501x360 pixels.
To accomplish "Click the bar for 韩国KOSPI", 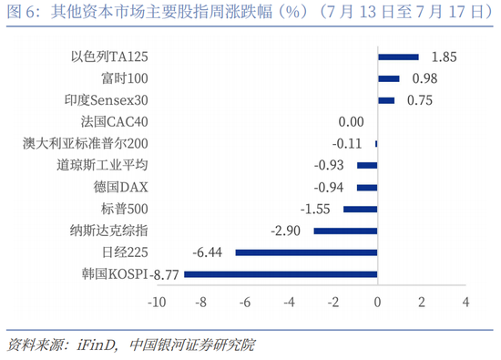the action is click(x=281, y=274).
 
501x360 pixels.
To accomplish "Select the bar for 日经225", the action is click(x=306, y=252).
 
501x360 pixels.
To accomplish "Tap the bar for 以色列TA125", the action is click(x=398, y=57).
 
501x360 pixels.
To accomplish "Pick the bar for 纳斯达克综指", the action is click(x=346, y=231).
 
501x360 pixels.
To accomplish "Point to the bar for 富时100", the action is click(x=389, y=78).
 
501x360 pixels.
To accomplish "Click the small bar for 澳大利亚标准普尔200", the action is click(x=376, y=144).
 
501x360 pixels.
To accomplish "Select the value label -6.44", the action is click(x=207, y=252).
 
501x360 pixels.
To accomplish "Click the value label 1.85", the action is click(x=444, y=57).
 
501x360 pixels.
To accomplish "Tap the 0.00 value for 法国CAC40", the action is click(x=351, y=122).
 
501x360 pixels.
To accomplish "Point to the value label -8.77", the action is click(x=164, y=274).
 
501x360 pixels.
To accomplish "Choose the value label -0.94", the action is click(x=329, y=188).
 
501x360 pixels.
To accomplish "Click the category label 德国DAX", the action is click(x=121, y=188).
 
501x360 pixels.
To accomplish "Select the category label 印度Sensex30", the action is click(x=107, y=100).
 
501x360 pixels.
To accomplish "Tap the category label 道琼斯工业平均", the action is click(x=103, y=165).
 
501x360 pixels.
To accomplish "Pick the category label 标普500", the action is click(x=125, y=209).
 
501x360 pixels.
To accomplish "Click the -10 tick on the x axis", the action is click(x=157, y=303).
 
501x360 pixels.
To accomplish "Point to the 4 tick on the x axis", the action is click(x=465, y=303).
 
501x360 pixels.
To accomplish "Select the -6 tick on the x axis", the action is click(x=245, y=303).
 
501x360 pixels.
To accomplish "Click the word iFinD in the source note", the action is click(x=96, y=345).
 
